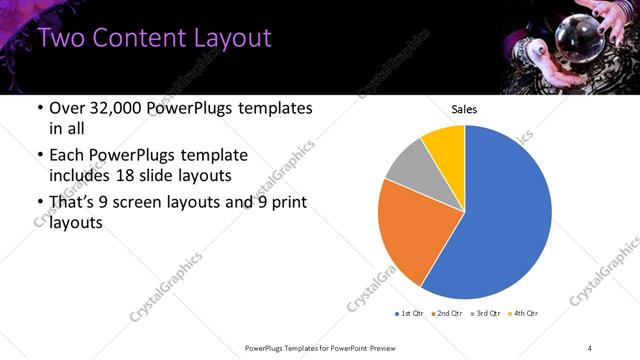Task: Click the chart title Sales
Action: [464, 109]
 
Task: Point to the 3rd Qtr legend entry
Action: [485, 314]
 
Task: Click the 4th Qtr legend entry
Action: [523, 314]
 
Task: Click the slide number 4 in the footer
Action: [589, 347]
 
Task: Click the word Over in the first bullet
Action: [64, 108]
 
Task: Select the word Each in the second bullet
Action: [66, 155]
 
